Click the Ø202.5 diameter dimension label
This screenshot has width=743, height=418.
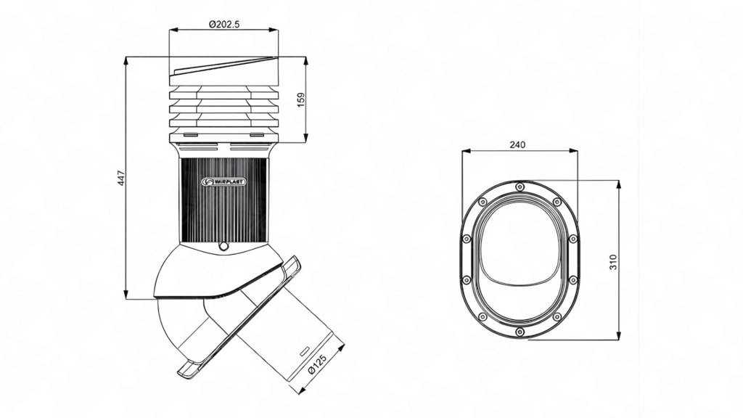[x=223, y=24]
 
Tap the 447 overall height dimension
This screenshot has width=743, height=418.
[x=121, y=178]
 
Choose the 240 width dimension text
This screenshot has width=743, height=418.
[x=517, y=145]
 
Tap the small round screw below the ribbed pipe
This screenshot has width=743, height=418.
[x=223, y=247]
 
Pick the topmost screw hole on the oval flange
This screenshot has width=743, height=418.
[x=520, y=187]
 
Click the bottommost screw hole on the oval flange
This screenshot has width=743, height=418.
[x=520, y=332]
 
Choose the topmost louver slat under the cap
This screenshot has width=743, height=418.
[x=223, y=94]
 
